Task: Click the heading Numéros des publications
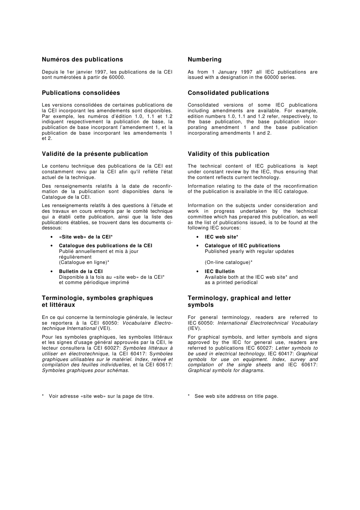pos(82,60)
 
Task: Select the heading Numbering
pos(205,60)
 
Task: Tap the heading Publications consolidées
pos(81,93)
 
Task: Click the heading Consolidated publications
pos(228,93)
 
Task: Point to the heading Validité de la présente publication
pos(95,154)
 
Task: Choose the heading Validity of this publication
pos(229,154)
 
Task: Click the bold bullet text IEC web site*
pos(221,237)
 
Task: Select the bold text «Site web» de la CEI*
pos(86,237)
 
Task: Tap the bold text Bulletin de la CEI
pos(81,271)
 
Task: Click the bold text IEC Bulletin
pos(219,271)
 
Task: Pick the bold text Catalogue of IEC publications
pos(242,246)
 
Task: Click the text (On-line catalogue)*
pos(229,262)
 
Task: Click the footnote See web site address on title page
pos(236,396)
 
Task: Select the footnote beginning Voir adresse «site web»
pos(101,396)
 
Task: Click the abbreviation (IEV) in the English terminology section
pos(194,328)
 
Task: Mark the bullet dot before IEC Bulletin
pos(197,271)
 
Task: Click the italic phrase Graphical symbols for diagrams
pos(226,370)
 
